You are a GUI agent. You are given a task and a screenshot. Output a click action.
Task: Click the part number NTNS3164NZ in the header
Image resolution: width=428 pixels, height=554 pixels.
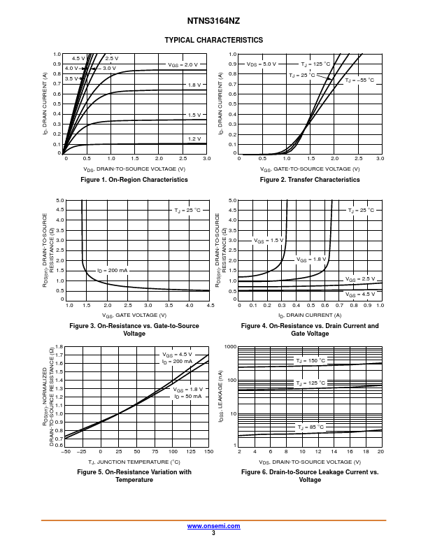click(213, 22)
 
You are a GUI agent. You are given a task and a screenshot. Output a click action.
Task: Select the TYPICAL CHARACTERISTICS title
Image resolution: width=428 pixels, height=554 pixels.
click(213, 40)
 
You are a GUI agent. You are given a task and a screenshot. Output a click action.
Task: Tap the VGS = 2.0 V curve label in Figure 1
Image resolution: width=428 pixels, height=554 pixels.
click(183, 64)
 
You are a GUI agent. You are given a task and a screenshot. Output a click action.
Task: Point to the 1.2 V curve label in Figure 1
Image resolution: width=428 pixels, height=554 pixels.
click(194, 139)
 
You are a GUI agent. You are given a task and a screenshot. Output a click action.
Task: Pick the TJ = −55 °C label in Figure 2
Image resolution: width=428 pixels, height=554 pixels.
click(359, 80)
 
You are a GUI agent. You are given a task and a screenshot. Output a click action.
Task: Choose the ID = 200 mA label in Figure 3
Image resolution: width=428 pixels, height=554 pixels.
click(113, 270)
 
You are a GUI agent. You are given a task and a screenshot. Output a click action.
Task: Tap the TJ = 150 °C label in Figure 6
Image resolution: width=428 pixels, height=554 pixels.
click(311, 360)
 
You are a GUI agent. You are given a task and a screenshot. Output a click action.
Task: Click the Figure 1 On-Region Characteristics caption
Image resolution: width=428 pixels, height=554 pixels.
click(135, 180)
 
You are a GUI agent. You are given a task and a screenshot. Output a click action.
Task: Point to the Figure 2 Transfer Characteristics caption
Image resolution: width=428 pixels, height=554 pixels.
click(310, 180)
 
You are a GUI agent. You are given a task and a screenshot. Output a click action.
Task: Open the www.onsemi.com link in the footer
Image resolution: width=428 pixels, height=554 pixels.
click(213, 526)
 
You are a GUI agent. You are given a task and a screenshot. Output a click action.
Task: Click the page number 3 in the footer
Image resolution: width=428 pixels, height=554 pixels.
click(213, 533)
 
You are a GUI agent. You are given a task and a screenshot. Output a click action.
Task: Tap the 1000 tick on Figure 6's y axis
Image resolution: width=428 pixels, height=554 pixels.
click(230, 347)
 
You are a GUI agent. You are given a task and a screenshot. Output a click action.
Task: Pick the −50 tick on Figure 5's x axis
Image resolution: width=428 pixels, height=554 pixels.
click(66, 452)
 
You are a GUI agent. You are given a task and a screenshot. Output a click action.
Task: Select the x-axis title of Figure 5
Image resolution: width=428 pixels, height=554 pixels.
click(134, 462)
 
